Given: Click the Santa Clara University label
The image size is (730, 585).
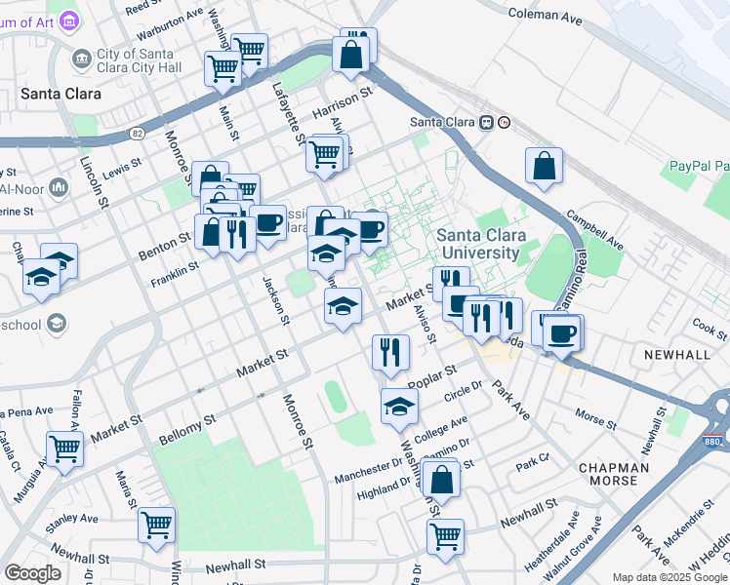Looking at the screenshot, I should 481,245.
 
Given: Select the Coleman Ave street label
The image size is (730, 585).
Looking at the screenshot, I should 545,15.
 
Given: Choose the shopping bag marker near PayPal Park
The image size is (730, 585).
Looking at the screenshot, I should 545,167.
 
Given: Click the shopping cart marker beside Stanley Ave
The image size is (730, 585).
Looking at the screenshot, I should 156,526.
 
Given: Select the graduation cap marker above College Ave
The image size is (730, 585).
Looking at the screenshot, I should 398,408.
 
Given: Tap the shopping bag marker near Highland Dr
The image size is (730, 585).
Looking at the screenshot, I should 442,480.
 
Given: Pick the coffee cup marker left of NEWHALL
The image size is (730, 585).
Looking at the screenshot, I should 561,333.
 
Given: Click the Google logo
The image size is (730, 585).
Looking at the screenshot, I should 33,573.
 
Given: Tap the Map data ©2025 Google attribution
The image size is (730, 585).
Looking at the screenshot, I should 669,577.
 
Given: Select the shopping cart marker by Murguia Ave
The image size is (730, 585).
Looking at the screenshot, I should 64,451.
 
